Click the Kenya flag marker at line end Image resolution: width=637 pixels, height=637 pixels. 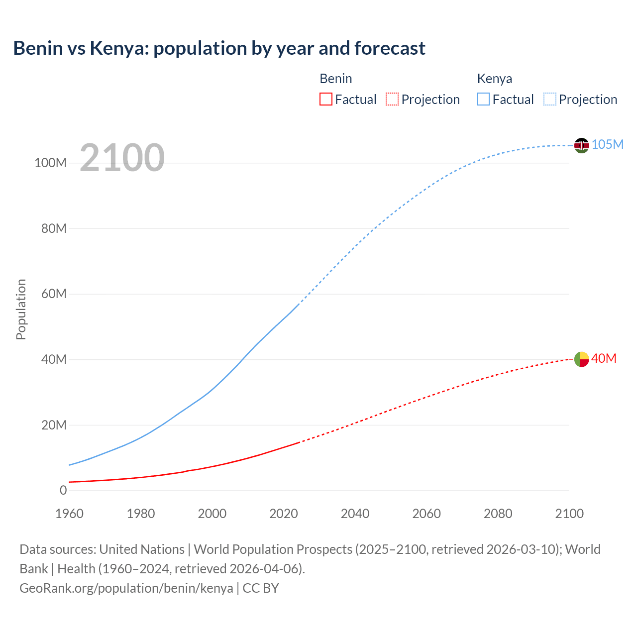581,145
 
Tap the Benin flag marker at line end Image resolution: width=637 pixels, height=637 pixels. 581,359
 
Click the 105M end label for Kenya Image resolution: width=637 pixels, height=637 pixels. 608,145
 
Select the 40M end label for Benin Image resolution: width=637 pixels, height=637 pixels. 604,359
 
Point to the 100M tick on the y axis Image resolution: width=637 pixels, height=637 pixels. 50,163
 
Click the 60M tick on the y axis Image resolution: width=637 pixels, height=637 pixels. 54,294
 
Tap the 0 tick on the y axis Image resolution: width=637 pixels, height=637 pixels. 63,491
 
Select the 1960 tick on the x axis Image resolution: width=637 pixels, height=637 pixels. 70,514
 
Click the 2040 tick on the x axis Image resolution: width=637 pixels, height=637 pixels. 355,514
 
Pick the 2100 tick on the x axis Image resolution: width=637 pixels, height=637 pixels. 569,514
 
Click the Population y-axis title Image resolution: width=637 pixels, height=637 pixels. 21,309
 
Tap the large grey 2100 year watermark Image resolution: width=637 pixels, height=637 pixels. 122,158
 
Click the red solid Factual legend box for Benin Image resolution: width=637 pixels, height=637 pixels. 326,100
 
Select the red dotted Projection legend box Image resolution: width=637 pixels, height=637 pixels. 392,100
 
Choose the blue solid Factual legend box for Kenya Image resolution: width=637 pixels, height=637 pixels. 483,100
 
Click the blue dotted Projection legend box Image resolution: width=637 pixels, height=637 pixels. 550,100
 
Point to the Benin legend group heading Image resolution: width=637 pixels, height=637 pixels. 336,79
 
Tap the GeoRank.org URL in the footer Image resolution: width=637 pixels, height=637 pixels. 126,588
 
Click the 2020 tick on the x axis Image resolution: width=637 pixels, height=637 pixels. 284,514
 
